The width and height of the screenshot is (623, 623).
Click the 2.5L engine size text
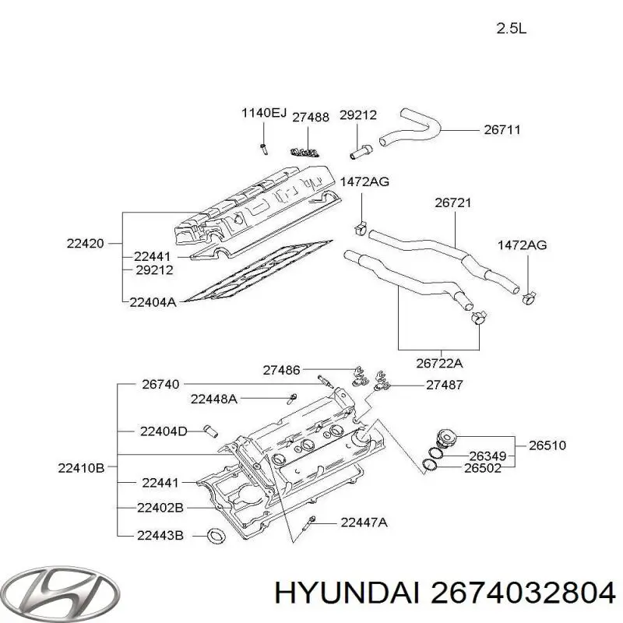pos(512,30)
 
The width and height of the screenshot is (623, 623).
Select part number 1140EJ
pos(263,114)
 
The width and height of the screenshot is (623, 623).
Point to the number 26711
pos(502,130)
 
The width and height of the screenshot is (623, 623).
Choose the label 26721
pos(453,202)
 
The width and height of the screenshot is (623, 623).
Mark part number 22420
pos(85,243)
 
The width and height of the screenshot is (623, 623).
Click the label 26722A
pos(440,362)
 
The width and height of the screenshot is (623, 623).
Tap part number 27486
pos(282,370)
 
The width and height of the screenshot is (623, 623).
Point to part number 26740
pos(160,383)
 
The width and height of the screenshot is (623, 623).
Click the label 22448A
pos(214,399)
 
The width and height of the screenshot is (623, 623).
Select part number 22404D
pos(164,431)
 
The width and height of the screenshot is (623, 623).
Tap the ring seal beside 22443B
pos(215,535)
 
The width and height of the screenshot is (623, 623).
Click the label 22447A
pos(364,523)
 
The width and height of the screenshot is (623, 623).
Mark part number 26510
pos(547,446)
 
